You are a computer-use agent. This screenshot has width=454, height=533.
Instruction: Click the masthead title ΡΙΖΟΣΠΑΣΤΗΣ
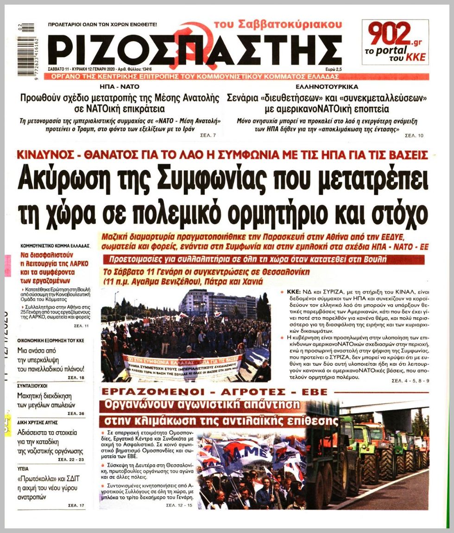click(195, 49)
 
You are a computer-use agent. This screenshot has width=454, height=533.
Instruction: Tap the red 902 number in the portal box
click(390, 34)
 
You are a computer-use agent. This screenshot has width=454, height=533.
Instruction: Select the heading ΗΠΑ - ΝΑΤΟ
click(120, 87)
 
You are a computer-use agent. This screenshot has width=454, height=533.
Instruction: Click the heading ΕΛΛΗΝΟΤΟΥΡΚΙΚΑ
click(326, 87)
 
